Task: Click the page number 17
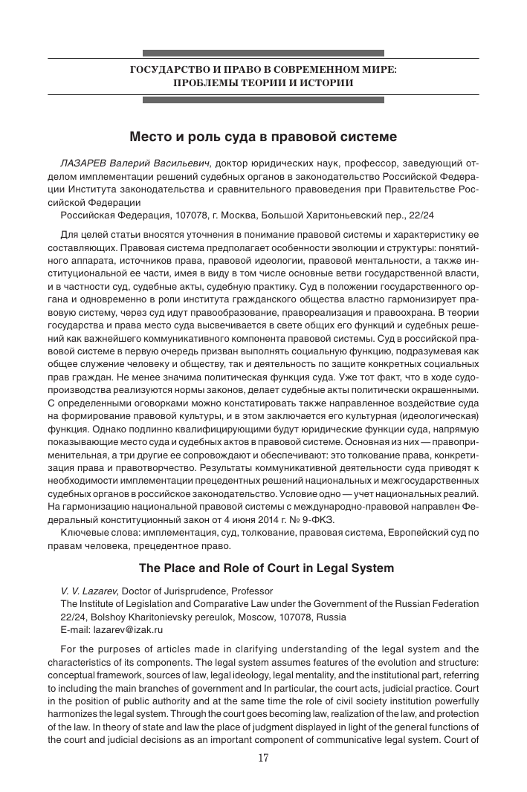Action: (x=263, y=758)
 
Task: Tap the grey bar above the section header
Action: (x=263, y=53)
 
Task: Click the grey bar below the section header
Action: (x=263, y=99)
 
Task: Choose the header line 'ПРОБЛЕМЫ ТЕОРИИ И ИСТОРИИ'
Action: (x=263, y=82)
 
